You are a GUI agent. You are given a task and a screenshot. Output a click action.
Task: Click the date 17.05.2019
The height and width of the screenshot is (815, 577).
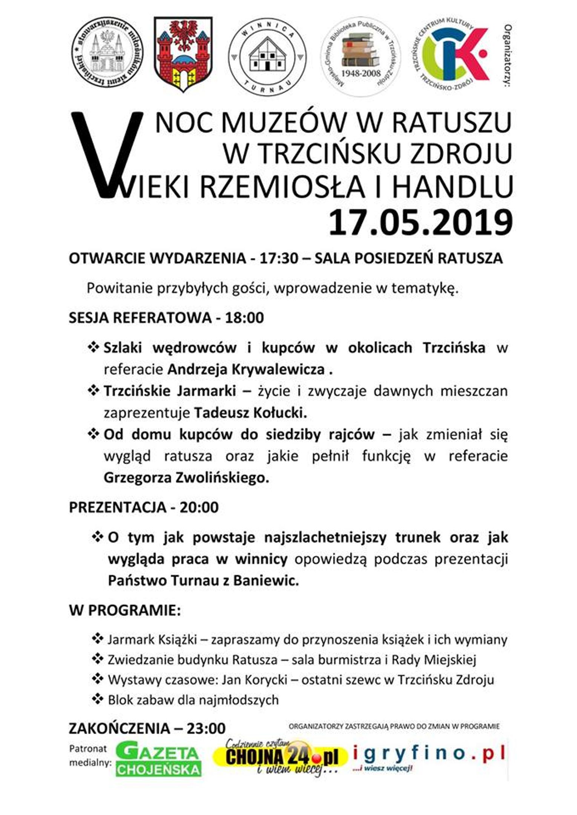coord(420,223)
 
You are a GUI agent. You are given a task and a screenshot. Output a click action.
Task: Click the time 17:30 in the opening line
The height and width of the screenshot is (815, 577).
coord(279,259)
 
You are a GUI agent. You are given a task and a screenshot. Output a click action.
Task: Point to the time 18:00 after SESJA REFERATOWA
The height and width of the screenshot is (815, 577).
coord(244,318)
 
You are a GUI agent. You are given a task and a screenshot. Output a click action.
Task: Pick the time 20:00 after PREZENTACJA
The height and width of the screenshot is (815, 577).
coord(199,507)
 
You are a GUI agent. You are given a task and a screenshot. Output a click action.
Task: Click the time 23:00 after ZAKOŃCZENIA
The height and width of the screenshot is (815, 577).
coord(206,728)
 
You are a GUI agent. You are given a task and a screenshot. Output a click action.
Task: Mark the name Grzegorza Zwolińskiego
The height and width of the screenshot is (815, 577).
coord(186,478)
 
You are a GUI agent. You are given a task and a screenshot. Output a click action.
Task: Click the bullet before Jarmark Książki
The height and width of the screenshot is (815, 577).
coord(98,638)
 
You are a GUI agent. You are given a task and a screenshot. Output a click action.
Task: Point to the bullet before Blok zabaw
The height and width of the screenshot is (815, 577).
coord(98,699)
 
